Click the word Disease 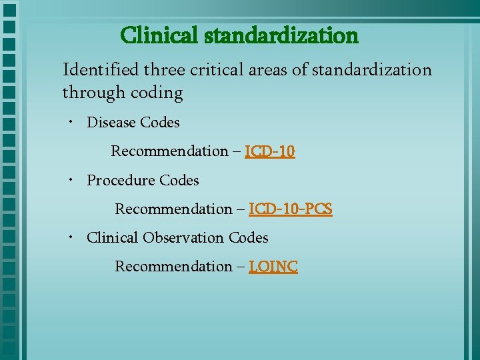[x=111, y=123]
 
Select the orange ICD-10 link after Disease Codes [x=270, y=151]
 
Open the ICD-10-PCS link [x=291, y=209]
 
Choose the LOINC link [x=273, y=267]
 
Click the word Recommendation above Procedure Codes [x=169, y=151]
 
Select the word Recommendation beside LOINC [x=173, y=267]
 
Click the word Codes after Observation [x=248, y=238]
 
